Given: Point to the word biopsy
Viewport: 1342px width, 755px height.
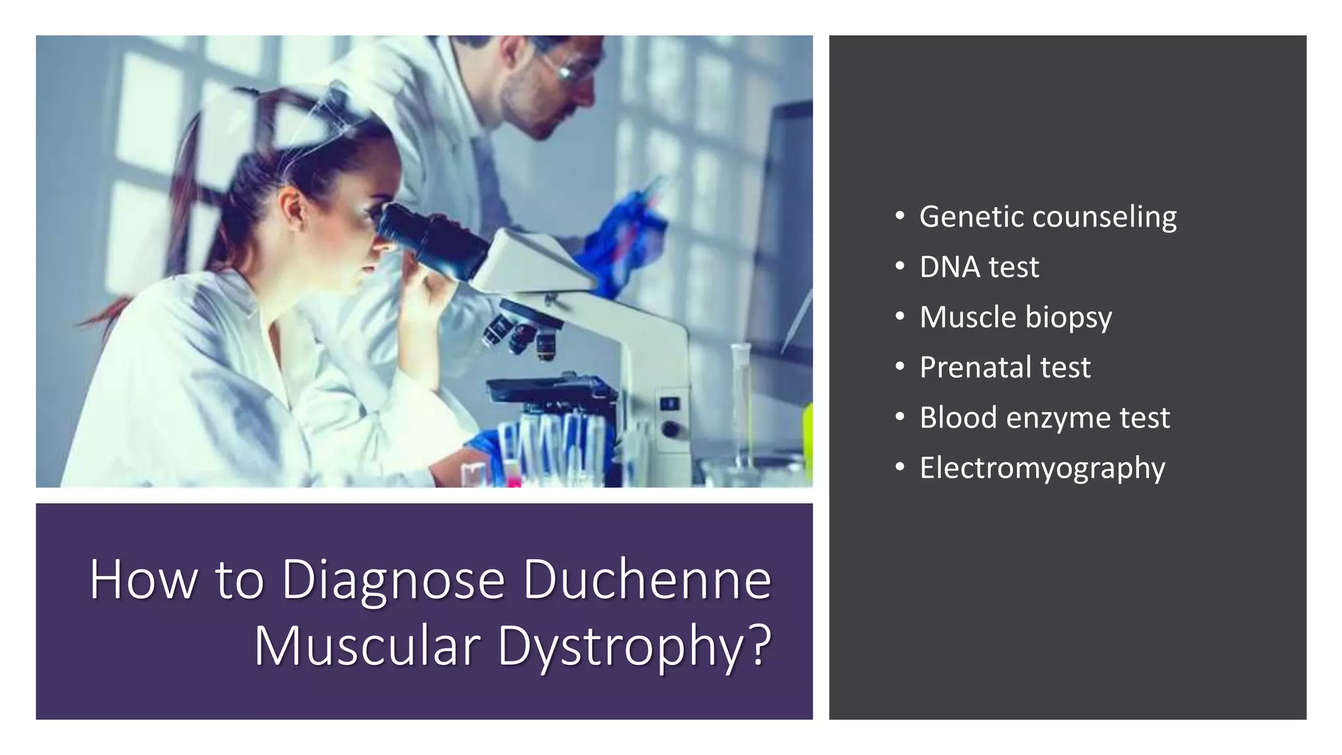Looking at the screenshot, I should [x=1068, y=318].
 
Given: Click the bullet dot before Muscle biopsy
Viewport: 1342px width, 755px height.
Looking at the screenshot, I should [x=900, y=317].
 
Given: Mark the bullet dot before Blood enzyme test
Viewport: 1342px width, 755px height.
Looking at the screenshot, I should [x=900, y=417].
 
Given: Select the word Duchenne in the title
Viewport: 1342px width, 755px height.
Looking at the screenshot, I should [x=647, y=579].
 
